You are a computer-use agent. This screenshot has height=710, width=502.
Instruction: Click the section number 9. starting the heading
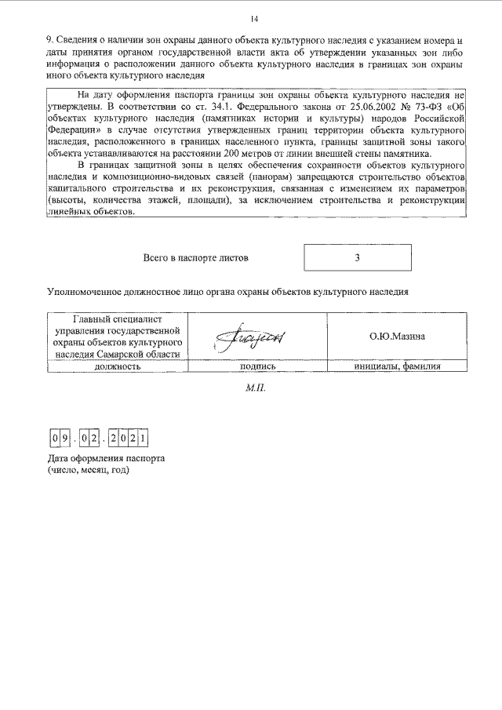(x=50, y=40)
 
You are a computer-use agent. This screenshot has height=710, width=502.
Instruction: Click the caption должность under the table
(x=117, y=366)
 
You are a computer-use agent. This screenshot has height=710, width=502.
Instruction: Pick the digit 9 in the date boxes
(x=67, y=436)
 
